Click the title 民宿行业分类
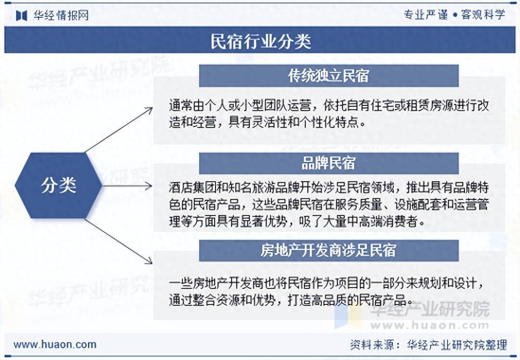coord(260,41)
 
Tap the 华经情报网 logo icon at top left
coord(22,16)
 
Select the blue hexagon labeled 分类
coord(58,186)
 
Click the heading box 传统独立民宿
coord(329,76)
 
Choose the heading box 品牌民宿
coord(329,163)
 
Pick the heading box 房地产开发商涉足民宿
coord(329,250)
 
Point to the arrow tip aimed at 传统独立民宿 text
coord(151,108)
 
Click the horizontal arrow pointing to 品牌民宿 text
coord(127,186)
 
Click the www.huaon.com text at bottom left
coord(55,344)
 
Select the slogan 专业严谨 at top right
coord(426,15)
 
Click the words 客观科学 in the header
coord(483,15)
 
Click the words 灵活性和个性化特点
coord(304,123)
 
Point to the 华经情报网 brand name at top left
coord(61,16)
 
